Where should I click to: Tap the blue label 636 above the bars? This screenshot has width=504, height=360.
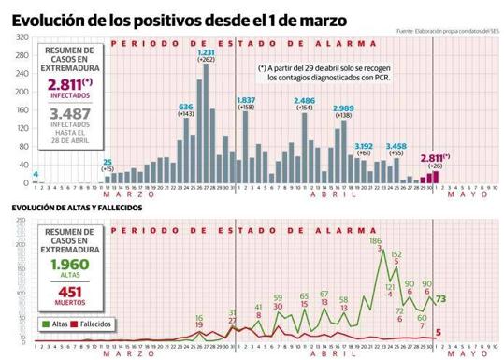(185, 107)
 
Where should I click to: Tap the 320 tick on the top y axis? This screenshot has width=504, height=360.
(18, 36)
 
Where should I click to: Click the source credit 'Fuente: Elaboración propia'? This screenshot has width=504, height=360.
(445, 32)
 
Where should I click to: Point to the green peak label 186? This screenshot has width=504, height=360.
(375, 240)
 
